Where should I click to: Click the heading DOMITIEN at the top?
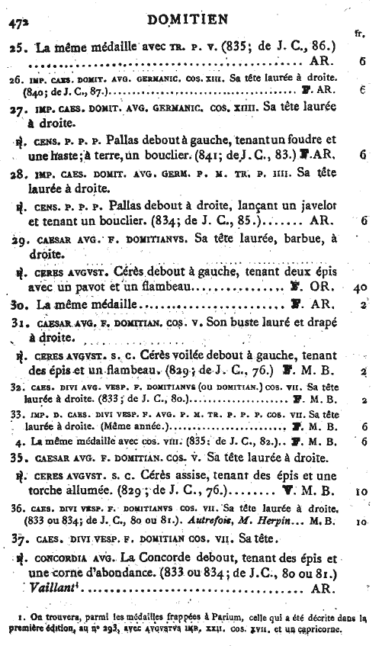(191, 16)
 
